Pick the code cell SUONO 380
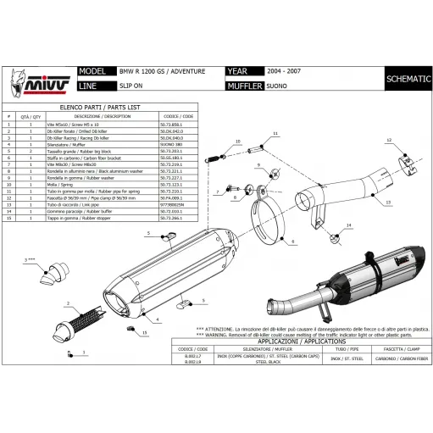pos(172,146)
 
